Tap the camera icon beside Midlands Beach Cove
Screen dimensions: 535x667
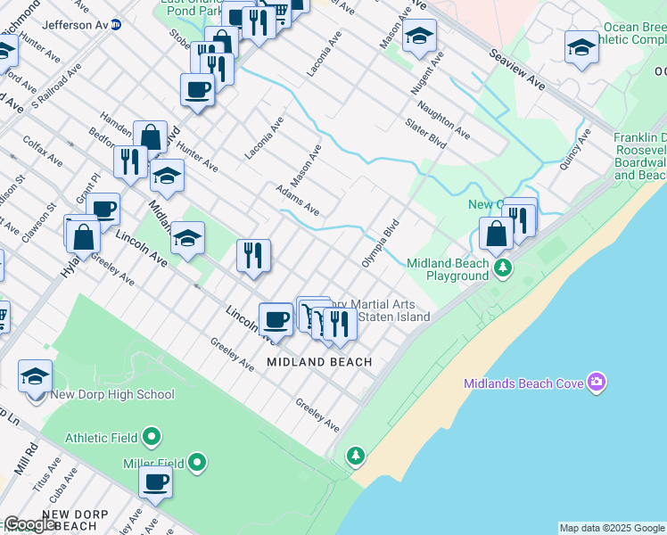(596, 383)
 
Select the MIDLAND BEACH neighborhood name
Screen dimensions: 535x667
(319, 362)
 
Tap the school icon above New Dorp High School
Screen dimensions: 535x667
(35, 378)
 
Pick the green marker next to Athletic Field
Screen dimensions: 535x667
(152, 437)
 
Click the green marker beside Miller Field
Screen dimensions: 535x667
(197, 463)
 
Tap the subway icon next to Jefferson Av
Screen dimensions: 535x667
(117, 25)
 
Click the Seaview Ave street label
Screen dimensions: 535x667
(516, 69)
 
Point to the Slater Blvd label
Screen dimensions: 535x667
(424, 135)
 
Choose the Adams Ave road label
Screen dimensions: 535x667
(297, 201)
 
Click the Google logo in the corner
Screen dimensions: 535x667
(29, 524)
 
